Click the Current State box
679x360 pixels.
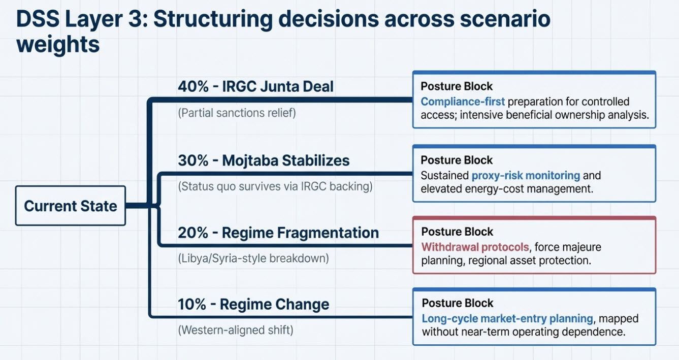(x=71, y=206)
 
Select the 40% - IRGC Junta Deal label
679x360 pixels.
(x=255, y=86)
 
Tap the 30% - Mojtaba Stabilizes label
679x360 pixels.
(x=264, y=160)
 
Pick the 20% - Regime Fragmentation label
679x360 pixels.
(x=278, y=233)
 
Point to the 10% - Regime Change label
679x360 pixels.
(x=253, y=304)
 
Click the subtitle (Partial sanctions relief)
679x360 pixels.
(x=237, y=113)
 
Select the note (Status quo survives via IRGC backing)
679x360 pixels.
(x=275, y=186)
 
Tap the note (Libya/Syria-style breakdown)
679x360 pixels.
(x=253, y=258)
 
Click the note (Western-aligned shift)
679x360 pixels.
(x=236, y=330)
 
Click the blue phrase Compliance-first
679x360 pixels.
(x=463, y=102)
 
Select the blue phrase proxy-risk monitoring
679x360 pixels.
(x=526, y=176)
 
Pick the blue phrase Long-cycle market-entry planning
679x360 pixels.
(x=507, y=319)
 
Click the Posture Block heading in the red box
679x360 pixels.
(x=457, y=232)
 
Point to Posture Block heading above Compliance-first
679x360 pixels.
(x=457, y=86)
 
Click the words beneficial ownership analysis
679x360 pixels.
(x=575, y=115)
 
